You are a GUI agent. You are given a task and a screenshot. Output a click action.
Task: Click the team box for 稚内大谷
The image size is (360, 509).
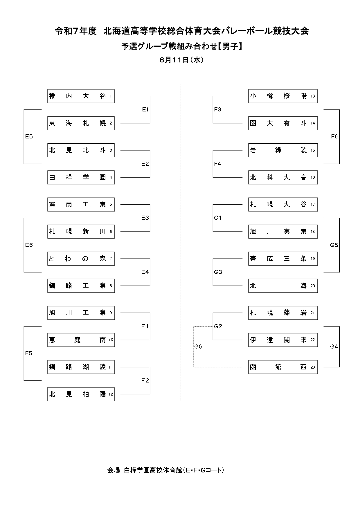81,96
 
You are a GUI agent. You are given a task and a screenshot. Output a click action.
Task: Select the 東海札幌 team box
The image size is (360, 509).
81,123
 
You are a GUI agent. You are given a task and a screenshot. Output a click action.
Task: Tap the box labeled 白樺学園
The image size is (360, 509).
81,177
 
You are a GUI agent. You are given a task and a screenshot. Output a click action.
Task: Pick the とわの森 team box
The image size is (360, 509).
81,259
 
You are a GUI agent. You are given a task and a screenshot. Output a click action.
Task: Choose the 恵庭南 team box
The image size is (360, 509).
81,340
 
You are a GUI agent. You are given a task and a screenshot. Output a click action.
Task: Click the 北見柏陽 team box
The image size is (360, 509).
81,394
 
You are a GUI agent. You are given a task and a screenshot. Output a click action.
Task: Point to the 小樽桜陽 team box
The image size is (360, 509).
283,96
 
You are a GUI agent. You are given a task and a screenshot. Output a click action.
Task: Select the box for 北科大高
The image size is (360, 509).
283,177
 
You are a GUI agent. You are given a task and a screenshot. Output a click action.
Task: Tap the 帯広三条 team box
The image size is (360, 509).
283,259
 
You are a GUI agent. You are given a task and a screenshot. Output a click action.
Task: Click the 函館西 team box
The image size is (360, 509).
283,367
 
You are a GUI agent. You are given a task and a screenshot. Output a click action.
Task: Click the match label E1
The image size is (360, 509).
145,109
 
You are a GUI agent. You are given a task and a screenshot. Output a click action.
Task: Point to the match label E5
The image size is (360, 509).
29,137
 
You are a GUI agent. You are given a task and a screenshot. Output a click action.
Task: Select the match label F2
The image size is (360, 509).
145,380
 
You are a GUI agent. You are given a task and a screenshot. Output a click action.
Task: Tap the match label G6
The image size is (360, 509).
198,346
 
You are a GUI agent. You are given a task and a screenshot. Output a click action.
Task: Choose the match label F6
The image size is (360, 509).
335,137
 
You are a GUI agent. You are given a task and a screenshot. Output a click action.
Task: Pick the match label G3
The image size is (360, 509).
218,272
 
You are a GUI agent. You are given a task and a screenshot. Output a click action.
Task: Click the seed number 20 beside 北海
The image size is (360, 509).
313,286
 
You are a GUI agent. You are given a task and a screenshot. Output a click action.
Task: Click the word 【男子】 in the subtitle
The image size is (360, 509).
230,46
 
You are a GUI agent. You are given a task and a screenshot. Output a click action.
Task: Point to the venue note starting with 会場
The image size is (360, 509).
166,470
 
